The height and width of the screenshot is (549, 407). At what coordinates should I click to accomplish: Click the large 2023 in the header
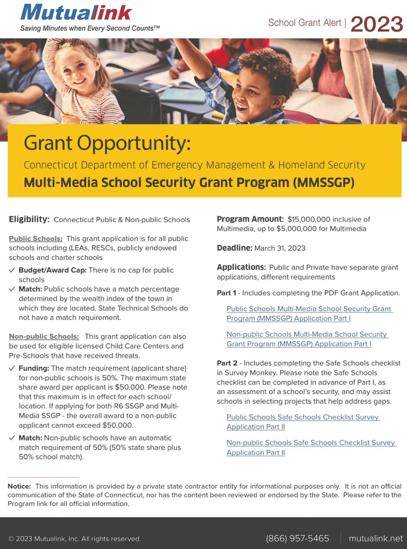377,24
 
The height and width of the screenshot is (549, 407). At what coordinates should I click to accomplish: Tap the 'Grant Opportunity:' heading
107,143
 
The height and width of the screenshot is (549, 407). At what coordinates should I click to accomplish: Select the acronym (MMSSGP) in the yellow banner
323,183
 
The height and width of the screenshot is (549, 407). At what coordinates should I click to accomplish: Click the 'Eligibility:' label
29,219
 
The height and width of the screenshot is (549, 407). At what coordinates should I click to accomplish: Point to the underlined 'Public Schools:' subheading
36,239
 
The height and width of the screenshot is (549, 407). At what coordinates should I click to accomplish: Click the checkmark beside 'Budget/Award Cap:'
12,270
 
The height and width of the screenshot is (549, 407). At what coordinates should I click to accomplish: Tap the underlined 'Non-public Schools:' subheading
44,336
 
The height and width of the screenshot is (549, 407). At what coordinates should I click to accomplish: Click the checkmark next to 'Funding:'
12,368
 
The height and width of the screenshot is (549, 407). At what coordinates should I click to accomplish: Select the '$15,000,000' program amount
309,219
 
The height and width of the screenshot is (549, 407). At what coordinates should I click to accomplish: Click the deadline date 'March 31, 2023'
280,248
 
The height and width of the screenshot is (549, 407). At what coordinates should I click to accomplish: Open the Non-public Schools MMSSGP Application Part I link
307,339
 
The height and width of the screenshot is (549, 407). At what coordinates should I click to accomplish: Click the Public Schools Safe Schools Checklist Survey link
303,422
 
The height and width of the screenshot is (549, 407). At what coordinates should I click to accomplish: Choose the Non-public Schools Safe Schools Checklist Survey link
311,448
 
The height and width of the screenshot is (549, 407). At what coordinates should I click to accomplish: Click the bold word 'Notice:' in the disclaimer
19,486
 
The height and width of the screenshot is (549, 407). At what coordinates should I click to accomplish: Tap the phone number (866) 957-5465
297,538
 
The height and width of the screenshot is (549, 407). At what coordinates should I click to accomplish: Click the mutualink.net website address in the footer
376,538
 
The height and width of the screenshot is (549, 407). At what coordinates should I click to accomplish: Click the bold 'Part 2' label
227,363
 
